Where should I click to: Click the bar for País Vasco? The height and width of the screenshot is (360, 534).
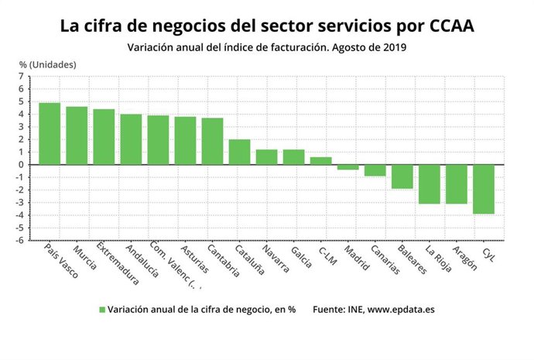point(50,133)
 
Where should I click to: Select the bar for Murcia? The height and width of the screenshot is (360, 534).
point(77,135)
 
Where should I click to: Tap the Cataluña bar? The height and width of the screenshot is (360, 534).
point(239,152)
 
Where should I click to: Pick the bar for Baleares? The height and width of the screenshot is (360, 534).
point(402,177)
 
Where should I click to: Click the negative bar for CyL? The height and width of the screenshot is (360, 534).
point(484,189)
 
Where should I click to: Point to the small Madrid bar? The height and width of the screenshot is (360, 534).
point(347,167)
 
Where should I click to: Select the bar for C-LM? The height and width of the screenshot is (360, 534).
point(320,160)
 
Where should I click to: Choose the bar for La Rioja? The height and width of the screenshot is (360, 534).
point(429,184)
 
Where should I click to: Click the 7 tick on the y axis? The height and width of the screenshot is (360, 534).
point(23,76)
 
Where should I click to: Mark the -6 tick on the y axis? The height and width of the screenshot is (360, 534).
point(22,240)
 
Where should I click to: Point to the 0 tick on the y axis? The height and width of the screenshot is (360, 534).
point(23,164)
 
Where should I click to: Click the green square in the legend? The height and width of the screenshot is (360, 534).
point(101,310)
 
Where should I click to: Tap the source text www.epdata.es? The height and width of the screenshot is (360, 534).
point(402,310)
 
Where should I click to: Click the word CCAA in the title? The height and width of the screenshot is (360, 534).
point(446,26)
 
